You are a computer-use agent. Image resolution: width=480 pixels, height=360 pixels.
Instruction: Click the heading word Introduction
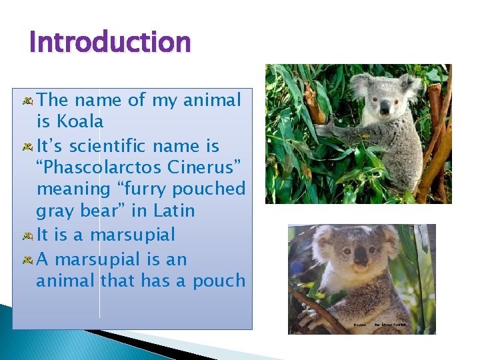110,43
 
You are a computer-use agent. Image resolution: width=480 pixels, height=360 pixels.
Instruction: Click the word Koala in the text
80,122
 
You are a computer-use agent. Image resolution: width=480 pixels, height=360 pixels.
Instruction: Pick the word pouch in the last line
219,281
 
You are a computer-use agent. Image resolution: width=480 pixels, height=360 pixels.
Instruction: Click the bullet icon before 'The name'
28,101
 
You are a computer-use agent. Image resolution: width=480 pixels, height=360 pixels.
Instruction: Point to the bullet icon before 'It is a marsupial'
28,236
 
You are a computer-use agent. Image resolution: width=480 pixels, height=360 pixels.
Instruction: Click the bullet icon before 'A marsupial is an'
28,260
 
